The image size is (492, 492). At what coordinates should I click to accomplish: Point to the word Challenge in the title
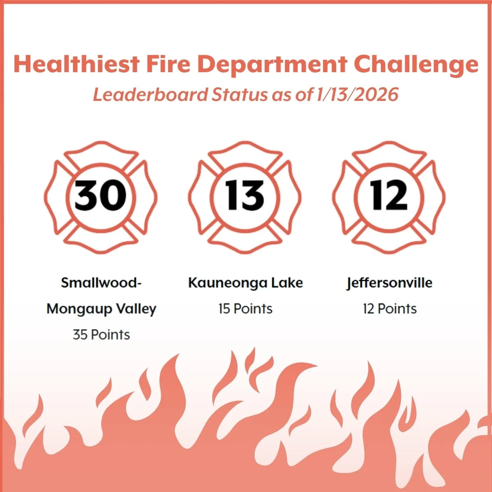[416, 65]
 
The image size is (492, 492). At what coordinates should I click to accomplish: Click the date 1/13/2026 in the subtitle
[357, 95]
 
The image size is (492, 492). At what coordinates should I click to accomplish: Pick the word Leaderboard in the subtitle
[150, 95]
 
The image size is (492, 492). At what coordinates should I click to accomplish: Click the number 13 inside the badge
[245, 196]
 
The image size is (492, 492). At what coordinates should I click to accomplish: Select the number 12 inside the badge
[389, 196]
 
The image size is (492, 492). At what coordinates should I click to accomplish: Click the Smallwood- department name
[101, 283]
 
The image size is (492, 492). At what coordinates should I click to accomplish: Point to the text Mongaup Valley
[101, 309]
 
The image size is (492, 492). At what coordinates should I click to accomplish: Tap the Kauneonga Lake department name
[245, 283]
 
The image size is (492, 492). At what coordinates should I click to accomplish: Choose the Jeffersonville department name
[389, 283]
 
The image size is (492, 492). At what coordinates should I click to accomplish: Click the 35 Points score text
[101, 335]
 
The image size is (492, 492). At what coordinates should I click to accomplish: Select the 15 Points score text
[245, 309]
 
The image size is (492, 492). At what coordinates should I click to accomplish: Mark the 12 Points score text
[389, 309]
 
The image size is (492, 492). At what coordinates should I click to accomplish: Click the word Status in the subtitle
[238, 95]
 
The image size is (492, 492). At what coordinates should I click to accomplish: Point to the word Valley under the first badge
[136, 309]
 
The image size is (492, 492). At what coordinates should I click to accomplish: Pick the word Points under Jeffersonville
[397, 309]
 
